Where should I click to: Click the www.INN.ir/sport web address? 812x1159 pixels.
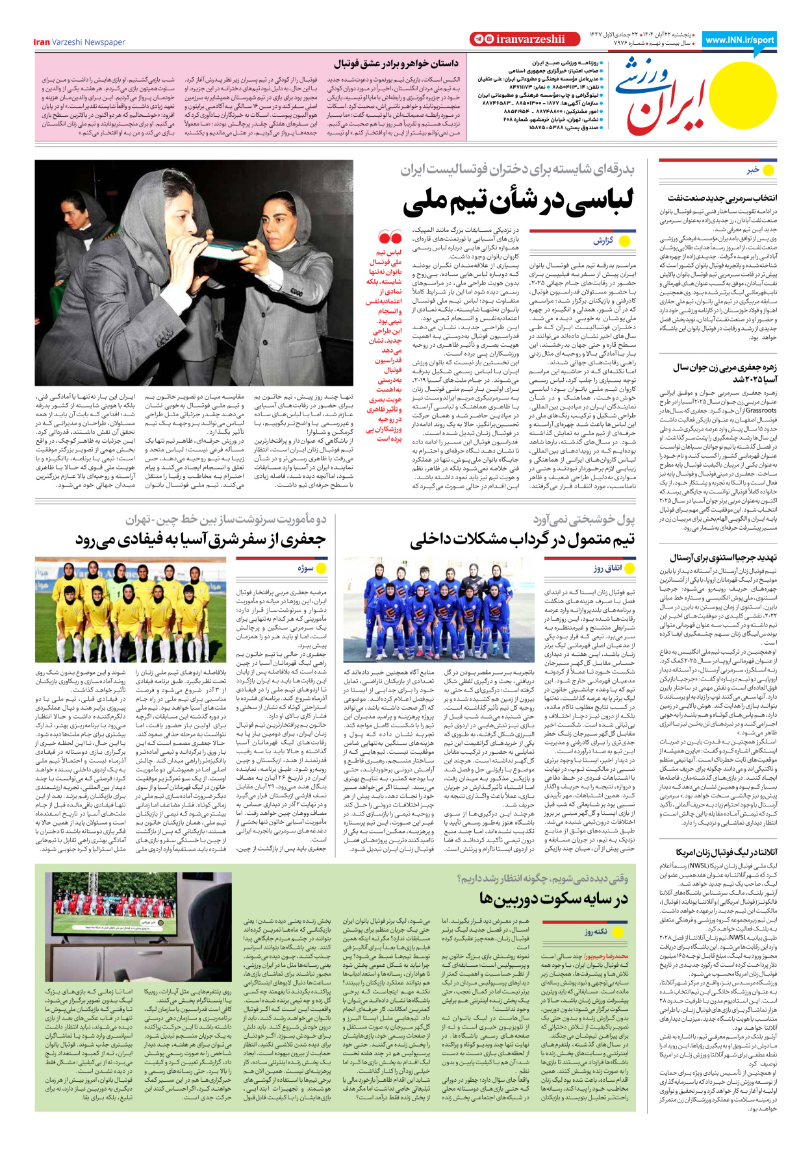tap(739, 40)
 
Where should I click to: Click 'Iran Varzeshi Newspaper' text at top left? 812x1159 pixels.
tap(79, 42)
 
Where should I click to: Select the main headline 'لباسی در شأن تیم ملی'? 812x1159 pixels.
tap(518, 202)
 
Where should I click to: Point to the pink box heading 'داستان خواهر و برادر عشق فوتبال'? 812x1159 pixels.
tap(396, 64)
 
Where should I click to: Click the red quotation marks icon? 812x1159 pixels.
tap(390, 238)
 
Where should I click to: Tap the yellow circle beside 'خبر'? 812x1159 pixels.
tap(768, 170)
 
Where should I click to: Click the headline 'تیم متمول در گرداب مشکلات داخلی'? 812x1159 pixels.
tap(522, 540)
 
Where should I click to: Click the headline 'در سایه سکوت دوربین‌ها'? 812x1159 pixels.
tap(553, 899)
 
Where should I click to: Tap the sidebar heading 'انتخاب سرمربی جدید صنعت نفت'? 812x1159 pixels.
tap(722, 197)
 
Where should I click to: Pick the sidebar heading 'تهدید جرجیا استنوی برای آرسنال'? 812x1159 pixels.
tap(723, 557)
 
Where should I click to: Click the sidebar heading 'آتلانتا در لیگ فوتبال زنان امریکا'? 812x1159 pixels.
tap(726, 852)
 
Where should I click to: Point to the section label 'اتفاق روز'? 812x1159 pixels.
tap(607, 568)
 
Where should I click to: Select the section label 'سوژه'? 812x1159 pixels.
tap(305, 568)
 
